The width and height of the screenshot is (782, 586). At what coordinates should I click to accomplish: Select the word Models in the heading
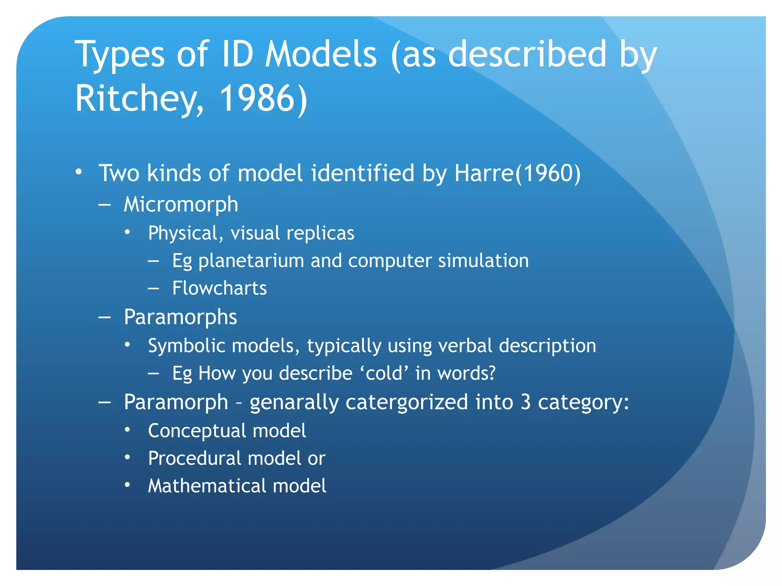321,54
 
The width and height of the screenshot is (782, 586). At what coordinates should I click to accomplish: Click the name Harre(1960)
517,173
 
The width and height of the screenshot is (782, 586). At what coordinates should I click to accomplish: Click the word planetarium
251,261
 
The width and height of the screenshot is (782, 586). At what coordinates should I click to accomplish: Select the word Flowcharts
220,288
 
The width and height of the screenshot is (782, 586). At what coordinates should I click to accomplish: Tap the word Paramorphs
181,317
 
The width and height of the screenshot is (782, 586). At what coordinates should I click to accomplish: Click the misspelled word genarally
294,402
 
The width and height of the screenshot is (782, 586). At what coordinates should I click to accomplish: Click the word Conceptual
197,431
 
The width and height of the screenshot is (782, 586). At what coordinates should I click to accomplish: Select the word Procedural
195,458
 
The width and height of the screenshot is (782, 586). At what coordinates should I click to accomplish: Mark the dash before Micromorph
105,204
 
